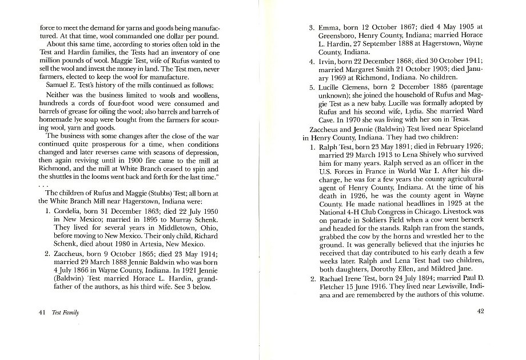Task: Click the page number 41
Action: coord(26,313)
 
